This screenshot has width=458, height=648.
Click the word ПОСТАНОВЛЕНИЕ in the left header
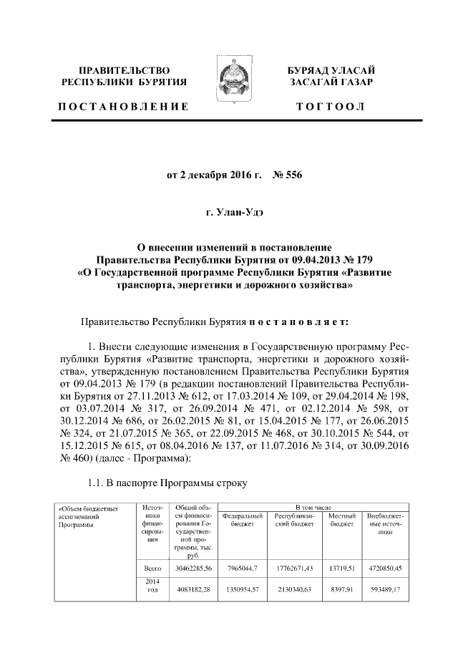[x=124, y=107]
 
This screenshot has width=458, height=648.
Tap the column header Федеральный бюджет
[x=243, y=520]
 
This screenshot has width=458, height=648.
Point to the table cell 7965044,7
[x=243, y=569]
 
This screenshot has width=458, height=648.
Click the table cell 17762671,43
[x=294, y=569]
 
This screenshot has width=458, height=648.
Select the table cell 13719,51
[x=341, y=569]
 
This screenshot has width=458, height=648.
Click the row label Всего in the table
[x=152, y=569]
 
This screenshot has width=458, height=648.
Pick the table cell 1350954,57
[x=243, y=589]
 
